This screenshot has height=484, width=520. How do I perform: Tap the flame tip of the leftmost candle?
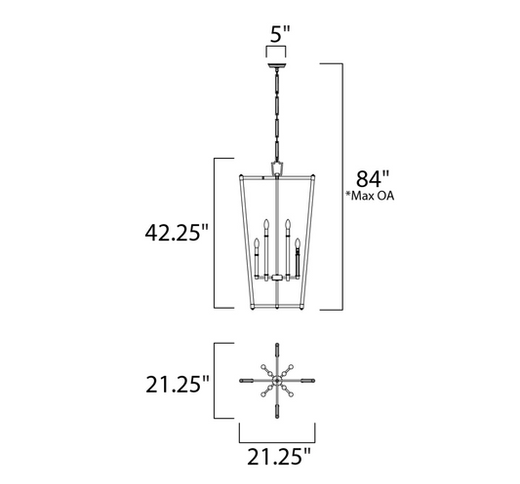(x=257, y=239)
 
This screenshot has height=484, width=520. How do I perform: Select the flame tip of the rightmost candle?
(x=300, y=238)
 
